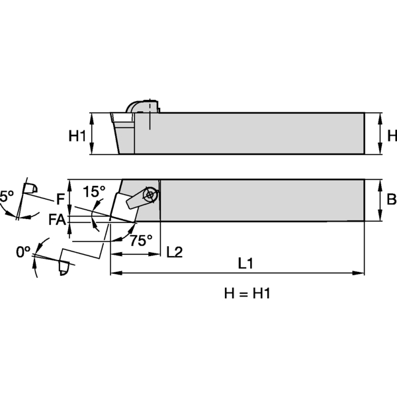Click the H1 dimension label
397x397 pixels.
78,136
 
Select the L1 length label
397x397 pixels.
245,263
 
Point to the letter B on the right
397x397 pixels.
391,199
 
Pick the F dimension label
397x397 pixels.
60,198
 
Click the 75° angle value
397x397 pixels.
140,241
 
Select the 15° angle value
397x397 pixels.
95,192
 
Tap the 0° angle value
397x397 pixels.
24,252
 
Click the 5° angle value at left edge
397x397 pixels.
6,197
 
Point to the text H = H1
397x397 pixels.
245,293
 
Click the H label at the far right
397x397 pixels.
392,136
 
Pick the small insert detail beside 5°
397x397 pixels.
28,190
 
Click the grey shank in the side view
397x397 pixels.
258,134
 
